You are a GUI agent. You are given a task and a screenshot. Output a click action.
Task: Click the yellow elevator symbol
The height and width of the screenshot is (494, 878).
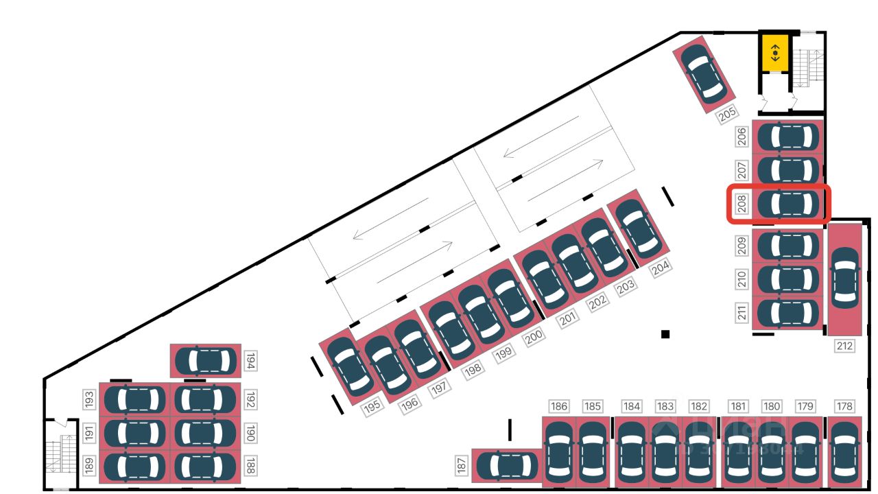click(x=775, y=52)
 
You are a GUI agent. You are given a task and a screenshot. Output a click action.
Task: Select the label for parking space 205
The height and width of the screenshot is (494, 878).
click(x=728, y=115)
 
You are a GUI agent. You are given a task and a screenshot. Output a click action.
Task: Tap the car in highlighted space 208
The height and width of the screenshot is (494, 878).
click(x=789, y=204)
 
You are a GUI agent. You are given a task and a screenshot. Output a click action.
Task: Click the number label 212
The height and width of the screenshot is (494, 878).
click(x=844, y=346)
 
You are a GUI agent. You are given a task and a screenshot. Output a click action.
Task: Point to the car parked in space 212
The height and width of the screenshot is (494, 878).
click(x=844, y=277)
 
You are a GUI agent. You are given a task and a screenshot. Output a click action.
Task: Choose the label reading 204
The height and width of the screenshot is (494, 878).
click(x=661, y=268)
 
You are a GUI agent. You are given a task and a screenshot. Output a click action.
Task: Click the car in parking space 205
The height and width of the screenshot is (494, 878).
click(x=704, y=71)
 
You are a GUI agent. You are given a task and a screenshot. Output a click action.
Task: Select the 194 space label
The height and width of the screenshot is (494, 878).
click(x=250, y=360)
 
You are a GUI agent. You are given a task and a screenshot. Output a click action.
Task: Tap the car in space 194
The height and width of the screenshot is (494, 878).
click(x=205, y=361)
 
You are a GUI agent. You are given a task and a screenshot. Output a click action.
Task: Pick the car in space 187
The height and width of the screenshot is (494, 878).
click(x=507, y=467)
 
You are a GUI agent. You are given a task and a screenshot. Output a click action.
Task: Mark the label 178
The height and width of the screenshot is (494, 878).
click(x=844, y=406)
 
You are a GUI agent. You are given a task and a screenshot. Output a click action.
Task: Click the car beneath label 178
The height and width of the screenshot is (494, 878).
click(x=844, y=452)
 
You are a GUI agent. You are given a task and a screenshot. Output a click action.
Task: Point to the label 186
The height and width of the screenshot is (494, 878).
click(x=559, y=406)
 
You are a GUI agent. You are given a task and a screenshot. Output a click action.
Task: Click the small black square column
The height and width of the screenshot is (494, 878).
click(x=665, y=334)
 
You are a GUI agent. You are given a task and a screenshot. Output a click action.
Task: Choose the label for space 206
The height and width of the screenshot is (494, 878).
click(x=741, y=137)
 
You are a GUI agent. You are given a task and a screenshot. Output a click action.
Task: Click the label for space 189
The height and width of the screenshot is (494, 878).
click(x=89, y=467)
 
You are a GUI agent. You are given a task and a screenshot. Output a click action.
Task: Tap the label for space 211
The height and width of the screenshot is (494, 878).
click(x=741, y=313)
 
